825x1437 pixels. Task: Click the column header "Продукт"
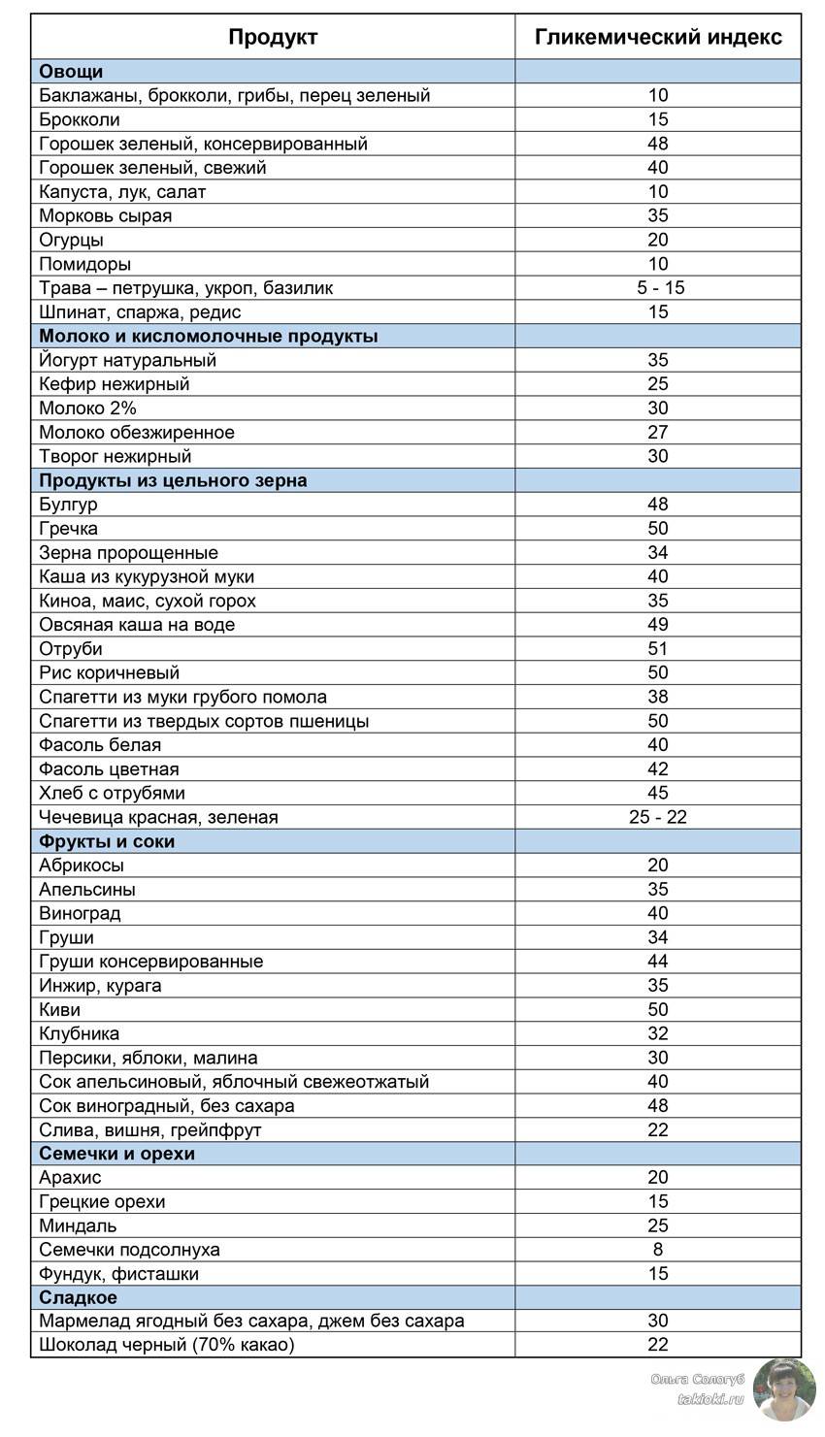click(273, 38)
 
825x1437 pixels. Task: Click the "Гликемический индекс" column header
click(658, 38)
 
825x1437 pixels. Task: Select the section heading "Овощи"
click(71, 72)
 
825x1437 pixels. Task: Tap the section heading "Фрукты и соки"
click(107, 841)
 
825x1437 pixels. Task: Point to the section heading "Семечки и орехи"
click(116, 1154)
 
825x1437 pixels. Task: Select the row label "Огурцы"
click(71, 240)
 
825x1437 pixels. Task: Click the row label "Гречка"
click(68, 529)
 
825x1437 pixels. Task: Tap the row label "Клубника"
click(79, 1033)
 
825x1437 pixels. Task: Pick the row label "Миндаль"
click(77, 1225)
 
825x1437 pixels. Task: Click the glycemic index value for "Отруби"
click(658, 649)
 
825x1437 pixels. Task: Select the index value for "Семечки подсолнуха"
click(658, 1250)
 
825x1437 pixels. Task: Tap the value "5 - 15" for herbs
click(658, 288)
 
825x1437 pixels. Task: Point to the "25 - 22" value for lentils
click(658, 817)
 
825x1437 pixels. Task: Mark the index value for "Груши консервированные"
click(658, 962)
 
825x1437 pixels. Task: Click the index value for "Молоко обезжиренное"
click(658, 433)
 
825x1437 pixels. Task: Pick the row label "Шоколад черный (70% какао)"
click(166, 1345)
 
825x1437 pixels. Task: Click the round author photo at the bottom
click(784, 1389)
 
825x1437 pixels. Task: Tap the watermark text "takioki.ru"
click(710, 1400)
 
